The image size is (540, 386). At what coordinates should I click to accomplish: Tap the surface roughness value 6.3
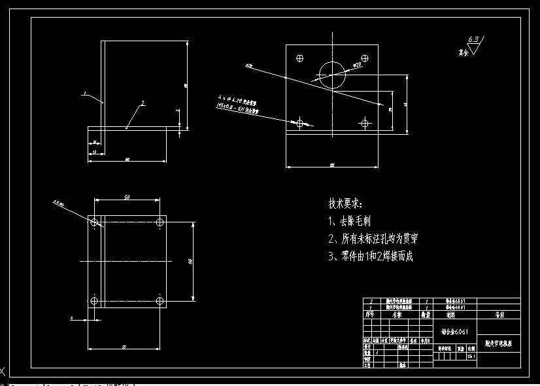tap(473, 40)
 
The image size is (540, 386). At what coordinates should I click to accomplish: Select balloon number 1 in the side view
tap(85, 94)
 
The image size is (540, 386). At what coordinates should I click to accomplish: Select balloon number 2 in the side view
tap(142, 103)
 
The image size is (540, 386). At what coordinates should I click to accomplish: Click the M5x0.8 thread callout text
tap(237, 109)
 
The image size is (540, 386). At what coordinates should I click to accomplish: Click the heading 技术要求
tap(345, 204)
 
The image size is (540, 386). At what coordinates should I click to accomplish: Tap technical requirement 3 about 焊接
tap(371, 256)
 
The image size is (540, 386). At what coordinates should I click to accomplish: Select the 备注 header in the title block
tap(499, 315)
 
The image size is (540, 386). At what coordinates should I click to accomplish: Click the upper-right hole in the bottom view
tap(160, 222)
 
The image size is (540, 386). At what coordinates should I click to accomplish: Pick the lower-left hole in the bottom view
tap(94, 301)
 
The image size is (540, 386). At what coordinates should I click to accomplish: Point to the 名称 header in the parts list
tap(396, 315)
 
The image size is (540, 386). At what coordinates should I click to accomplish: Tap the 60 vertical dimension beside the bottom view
tap(190, 262)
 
